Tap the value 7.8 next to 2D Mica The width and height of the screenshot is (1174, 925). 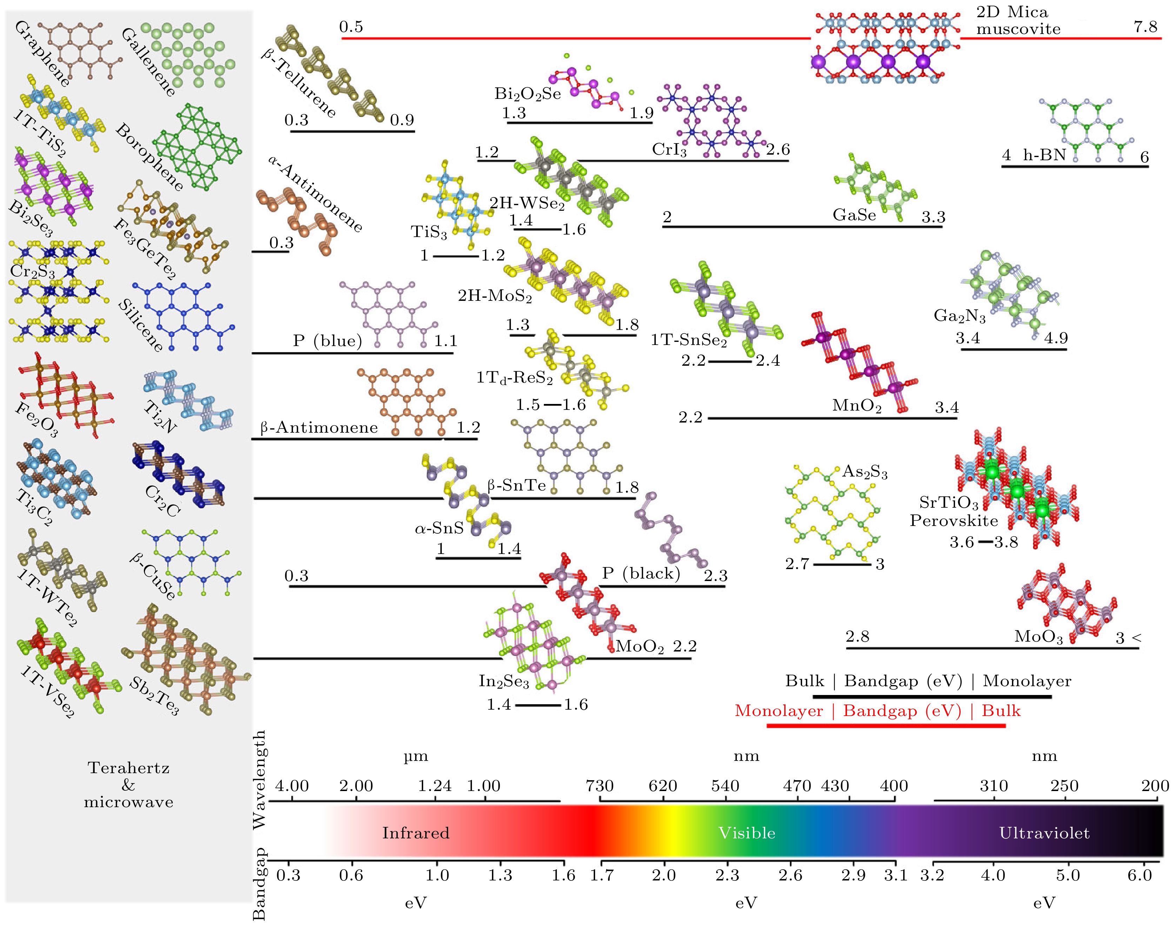(x=1145, y=27)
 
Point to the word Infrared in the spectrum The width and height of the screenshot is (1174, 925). (x=415, y=832)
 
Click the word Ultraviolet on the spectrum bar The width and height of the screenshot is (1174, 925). (x=1044, y=832)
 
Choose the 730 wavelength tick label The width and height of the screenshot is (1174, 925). (x=599, y=785)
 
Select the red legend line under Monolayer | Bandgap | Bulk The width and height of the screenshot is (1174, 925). (x=886, y=725)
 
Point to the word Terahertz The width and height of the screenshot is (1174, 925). (x=128, y=768)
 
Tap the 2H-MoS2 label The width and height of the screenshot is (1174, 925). (x=495, y=296)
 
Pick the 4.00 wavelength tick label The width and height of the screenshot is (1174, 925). (x=292, y=785)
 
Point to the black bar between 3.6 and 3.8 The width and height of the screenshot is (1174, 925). (x=986, y=541)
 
